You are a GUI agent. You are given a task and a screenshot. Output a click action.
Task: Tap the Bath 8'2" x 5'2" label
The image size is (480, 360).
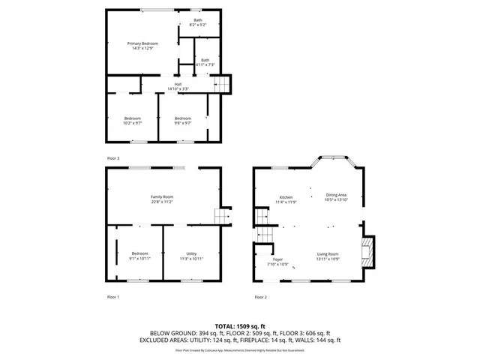pyautogui.click(x=197, y=22)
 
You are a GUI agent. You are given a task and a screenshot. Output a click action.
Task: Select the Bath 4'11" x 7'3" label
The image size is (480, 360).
pyautogui.click(x=205, y=62)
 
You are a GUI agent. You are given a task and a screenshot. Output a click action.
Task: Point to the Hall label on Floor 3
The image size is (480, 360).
pyautogui.click(x=178, y=87)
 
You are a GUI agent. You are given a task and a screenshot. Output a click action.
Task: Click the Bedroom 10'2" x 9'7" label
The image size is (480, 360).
pyautogui.click(x=132, y=120)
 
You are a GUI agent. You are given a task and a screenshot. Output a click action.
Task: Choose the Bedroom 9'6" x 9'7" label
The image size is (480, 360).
pyautogui.click(x=183, y=120)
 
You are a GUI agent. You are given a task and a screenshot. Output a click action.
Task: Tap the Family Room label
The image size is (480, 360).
pyautogui.click(x=162, y=199)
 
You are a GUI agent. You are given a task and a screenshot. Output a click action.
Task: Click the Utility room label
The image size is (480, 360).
pyautogui.click(x=192, y=256)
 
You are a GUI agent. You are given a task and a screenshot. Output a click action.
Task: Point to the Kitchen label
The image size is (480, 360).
pyautogui.click(x=286, y=199)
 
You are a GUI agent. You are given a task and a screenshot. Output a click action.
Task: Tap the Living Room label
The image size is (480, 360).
pyautogui.click(x=328, y=256)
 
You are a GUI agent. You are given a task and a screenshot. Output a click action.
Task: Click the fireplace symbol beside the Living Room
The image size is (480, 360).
pyautogui.click(x=367, y=253)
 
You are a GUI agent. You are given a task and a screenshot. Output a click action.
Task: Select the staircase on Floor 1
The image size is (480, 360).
pyautogui.click(x=221, y=217)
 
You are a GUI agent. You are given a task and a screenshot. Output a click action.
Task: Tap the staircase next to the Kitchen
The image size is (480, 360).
pyautogui.click(x=261, y=217)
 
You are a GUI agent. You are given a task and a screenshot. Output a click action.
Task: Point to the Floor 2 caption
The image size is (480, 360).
pyautogui.click(x=260, y=297)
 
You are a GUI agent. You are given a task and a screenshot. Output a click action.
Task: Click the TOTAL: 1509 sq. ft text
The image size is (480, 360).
pyautogui.click(x=239, y=326)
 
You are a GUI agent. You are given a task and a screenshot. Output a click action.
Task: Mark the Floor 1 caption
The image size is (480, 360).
pyautogui.click(x=113, y=297)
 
